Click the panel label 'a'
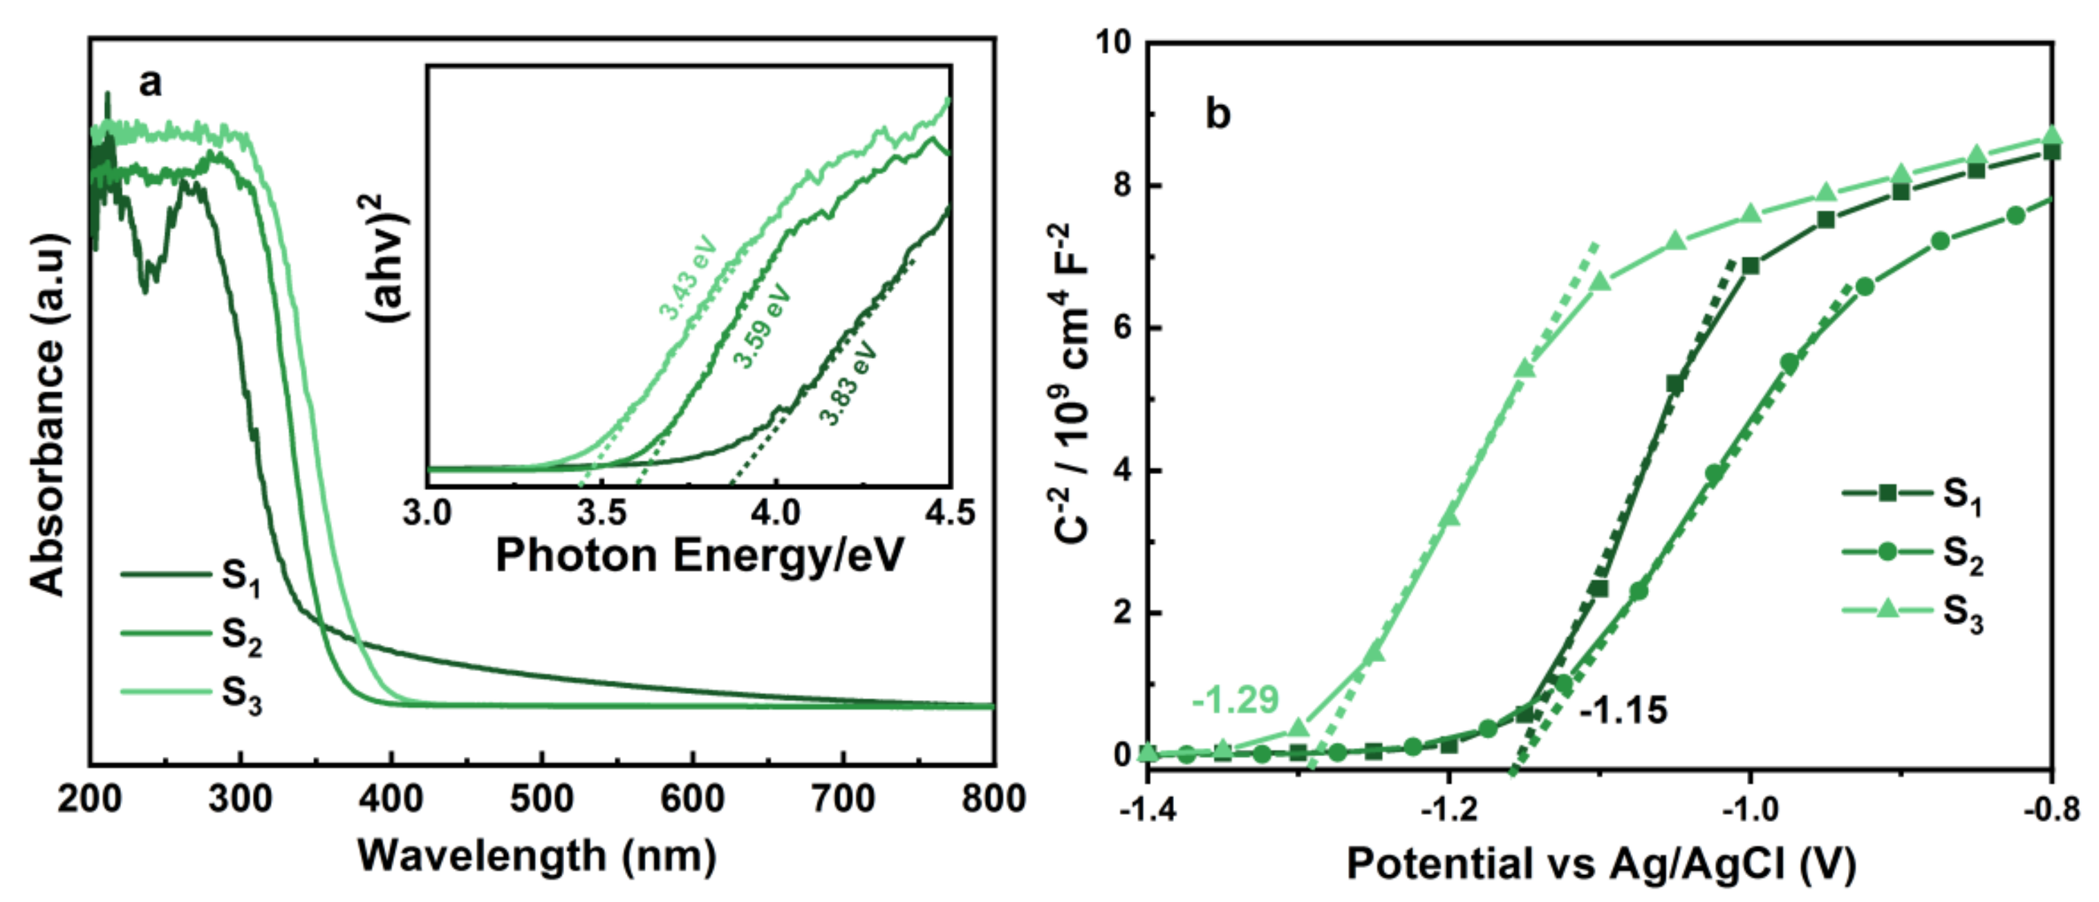(150, 82)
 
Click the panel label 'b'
(1218, 114)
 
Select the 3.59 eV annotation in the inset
(763, 326)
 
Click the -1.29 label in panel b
(1235, 699)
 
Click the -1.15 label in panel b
(1623, 711)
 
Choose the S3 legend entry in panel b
(1962, 613)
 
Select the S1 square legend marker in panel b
(1887, 492)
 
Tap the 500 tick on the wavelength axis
(542, 798)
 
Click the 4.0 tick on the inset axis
(775, 513)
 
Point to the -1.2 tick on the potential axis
(1449, 810)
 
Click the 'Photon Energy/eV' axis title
(699, 556)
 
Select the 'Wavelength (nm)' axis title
(538, 856)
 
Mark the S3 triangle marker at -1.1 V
(1601, 281)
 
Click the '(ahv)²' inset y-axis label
(389, 256)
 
